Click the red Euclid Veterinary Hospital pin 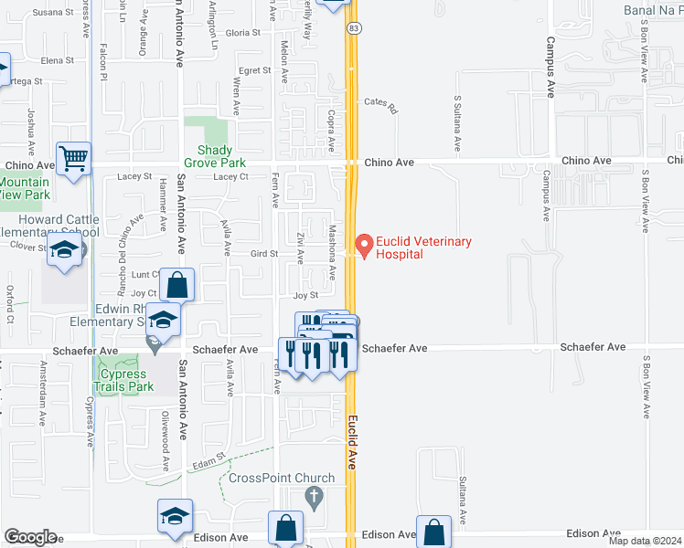point(365,245)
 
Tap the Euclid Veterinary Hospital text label point(424,248)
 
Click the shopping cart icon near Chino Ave point(73,158)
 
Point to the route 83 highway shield point(352,29)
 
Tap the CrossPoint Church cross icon point(315,498)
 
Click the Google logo point(30,537)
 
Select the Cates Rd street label point(381,106)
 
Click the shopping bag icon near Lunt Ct point(177,285)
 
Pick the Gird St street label point(263,254)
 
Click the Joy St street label point(305,296)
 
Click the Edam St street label point(208,461)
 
